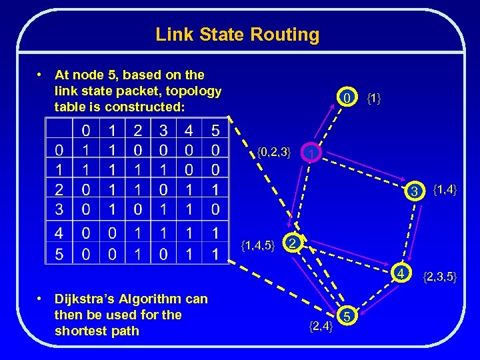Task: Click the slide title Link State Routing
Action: pos(237,34)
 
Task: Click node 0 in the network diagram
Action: pos(346,99)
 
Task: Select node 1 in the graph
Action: pos(311,154)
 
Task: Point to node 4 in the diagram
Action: pos(402,273)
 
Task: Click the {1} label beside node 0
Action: pos(374,99)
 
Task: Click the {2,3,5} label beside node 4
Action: pos(440,275)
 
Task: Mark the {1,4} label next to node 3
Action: pos(445,192)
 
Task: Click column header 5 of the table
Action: pos(215,128)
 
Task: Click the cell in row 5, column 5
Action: pos(215,254)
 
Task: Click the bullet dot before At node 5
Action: pos(41,75)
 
